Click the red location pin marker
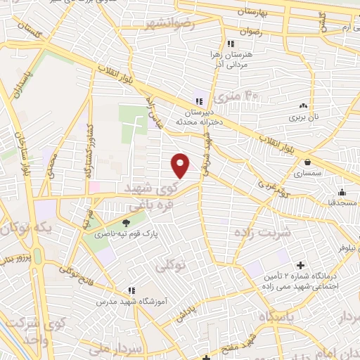click(x=181, y=165)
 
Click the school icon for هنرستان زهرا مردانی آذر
click(x=221, y=44)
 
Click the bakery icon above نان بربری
click(x=303, y=105)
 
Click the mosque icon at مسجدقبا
click(x=342, y=192)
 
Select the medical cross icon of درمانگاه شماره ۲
click(x=301, y=266)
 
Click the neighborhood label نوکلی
click(x=169, y=265)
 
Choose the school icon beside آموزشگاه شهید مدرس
click(x=131, y=290)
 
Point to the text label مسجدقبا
click(x=335, y=202)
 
